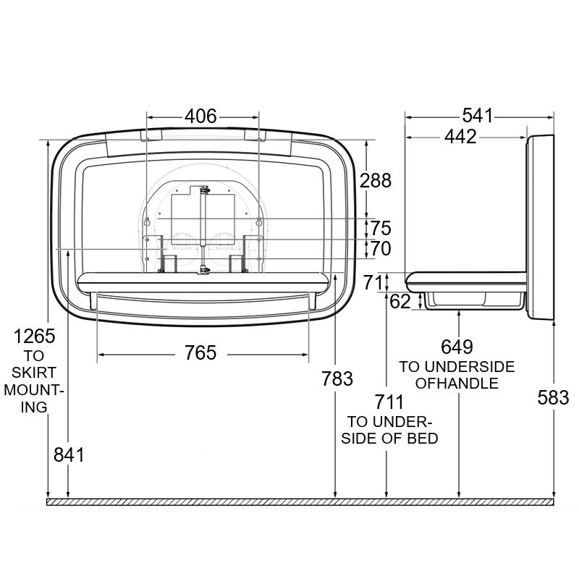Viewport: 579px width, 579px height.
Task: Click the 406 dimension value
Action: pyautogui.click(x=200, y=117)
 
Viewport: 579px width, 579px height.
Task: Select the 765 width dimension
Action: pyautogui.click(x=200, y=352)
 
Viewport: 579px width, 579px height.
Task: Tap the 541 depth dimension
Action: pyautogui.click(x=478, y=116)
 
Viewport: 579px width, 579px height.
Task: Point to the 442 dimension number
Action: pyautogui.click(x=460, y=137)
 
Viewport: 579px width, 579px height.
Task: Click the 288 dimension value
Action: pyautogui.click(x=376, y=180)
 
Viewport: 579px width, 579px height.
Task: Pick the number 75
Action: pyautogui.click(x=381, y=228)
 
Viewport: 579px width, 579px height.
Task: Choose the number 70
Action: pyautogui.click(x=381, y=248)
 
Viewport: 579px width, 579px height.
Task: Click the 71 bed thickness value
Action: pyautogui.click(x=373, y=283)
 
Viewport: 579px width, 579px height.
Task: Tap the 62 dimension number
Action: pyautogui.click(x=400, y=302)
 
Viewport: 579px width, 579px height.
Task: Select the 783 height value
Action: pyautogui.click(x=337, y=379)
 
